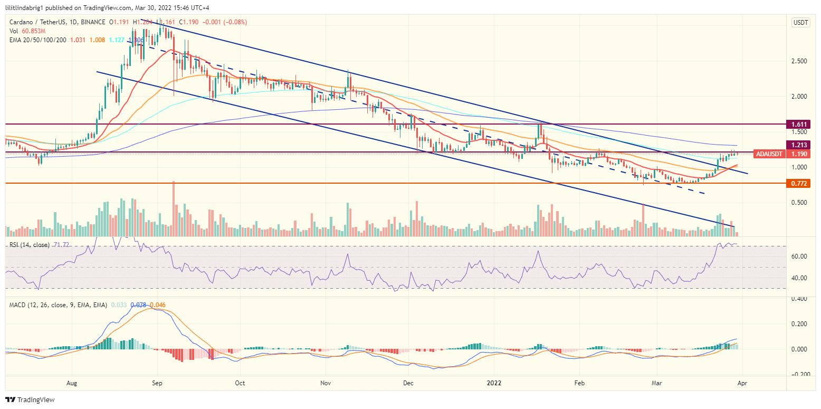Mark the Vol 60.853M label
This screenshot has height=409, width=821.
[x=26, y=32]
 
